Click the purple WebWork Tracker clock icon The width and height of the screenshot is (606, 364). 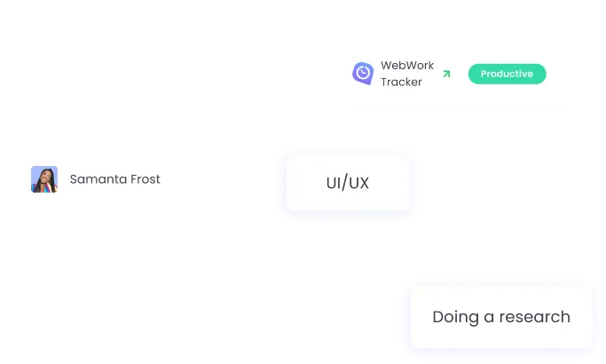tap(362, 73)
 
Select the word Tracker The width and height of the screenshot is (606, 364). tap(402, 82)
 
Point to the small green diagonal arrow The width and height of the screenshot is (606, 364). tap(446, 74)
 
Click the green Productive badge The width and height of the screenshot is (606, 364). tap(507, 74)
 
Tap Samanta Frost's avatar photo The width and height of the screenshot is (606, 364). tap(44, 179)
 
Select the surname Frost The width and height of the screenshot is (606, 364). tap(144, 179)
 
